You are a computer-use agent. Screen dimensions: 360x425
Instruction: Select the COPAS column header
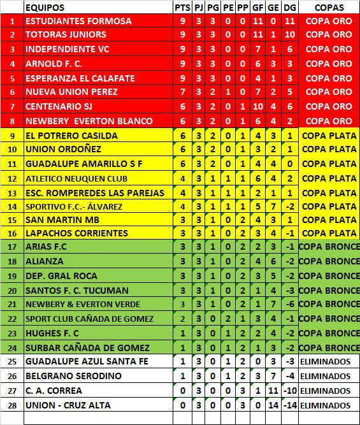[x=329, y=8]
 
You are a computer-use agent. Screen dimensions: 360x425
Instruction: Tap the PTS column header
[x=182, y=8]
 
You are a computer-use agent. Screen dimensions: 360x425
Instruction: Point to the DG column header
[x=290, y=8]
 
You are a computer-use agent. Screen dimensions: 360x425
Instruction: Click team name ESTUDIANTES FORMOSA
[x=78, y=21]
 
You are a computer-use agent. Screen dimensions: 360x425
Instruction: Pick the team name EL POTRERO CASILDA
[x=71, y=136]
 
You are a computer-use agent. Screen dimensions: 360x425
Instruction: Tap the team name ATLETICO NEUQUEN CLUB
[x=76, y=178]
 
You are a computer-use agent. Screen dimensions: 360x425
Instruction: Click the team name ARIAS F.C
[x=47, y=247]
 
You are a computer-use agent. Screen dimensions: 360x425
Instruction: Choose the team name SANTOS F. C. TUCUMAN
[x=76, y=290]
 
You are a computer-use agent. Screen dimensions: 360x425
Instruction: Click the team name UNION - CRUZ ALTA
[x=68, y=405]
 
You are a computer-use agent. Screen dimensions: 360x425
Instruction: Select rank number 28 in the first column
[x=12, y=405]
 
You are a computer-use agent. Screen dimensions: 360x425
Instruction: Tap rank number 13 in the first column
[x=12, y=192]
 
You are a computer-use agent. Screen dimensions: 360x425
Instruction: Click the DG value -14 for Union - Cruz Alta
[x=290, y=405]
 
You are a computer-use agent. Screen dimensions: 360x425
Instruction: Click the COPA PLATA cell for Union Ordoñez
[x=329, y=150]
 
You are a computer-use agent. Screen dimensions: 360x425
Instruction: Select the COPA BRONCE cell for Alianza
[x=329, y=261]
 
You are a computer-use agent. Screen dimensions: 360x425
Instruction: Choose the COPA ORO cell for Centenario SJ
[x=329, y=106]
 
